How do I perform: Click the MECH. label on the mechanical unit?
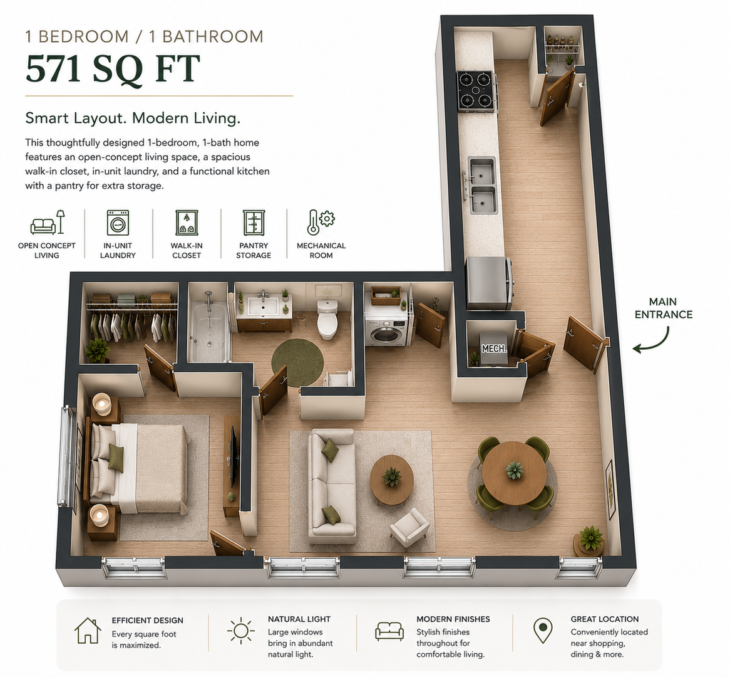(493, 349)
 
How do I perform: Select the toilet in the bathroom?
(328, 320)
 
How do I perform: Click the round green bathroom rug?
(297, 363)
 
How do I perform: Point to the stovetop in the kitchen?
(475, 91)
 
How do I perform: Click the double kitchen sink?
(482, 186)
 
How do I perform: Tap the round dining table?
(514, 473)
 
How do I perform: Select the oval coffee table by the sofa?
(391, 480)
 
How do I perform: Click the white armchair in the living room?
(409, 528)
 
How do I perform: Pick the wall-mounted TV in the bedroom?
(234, 449)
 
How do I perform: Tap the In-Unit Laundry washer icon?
(118, 223)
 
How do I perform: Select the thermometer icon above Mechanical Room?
(313, 222)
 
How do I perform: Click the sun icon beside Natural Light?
(241, 631)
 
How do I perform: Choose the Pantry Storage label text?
(254, 250)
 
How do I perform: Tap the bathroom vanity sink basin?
(263, 307)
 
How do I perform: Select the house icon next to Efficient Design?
(88, 631)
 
